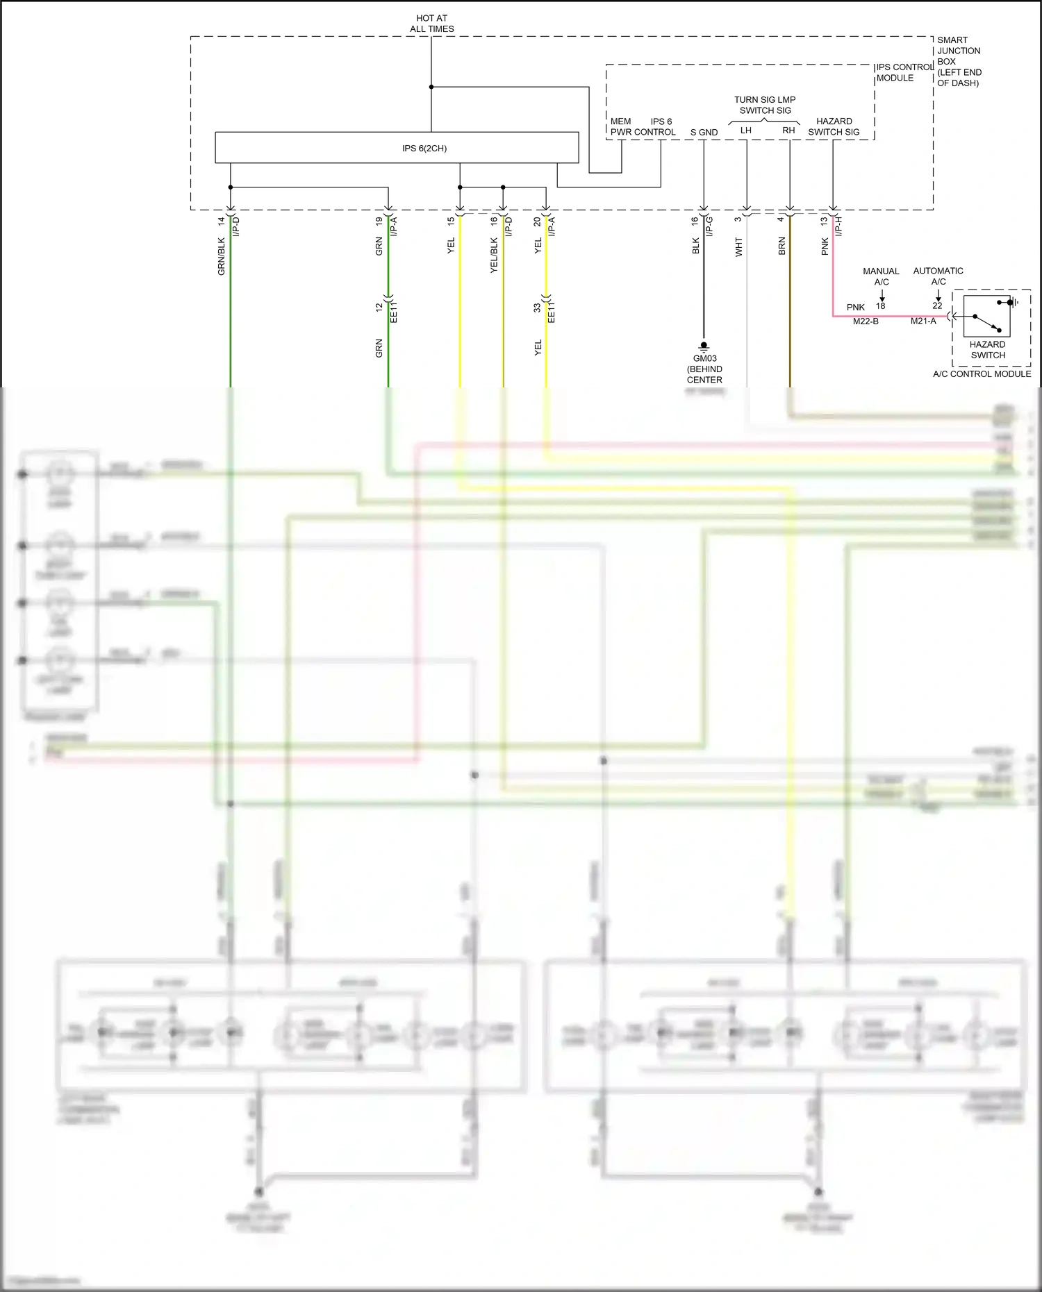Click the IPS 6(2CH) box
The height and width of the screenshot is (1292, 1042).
[x=397, y=148]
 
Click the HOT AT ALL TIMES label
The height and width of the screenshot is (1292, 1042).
[x=431, y=24]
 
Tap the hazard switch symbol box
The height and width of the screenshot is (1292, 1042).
[x=986, y=316]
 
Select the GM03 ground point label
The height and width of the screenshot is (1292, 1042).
[x=704, y=359]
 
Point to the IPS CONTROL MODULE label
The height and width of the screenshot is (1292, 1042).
[x=904, y=72]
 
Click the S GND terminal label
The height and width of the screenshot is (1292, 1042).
[x=704, y=132]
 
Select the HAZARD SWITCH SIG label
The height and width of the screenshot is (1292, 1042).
[x=834, y=126]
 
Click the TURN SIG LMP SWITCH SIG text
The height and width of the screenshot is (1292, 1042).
[x=765, y=105]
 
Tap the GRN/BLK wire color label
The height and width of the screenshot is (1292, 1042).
[x=222, y=256]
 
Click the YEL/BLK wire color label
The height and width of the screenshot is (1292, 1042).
[x=494, y=255]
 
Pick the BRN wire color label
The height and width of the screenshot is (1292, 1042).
[x=781, y=246]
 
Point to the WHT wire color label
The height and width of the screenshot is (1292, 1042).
[x=738, y=246]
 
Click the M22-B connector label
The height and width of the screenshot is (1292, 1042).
[x=866, y=321]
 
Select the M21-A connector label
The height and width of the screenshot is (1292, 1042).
[x=923, y=321]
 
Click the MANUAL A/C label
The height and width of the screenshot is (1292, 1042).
[x=881, y=276]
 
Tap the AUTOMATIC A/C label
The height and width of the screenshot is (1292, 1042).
[x=938, y=276]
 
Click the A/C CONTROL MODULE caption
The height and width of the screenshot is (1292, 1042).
[x=982, y=374]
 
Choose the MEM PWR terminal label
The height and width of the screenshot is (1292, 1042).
[x=620, y=126]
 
